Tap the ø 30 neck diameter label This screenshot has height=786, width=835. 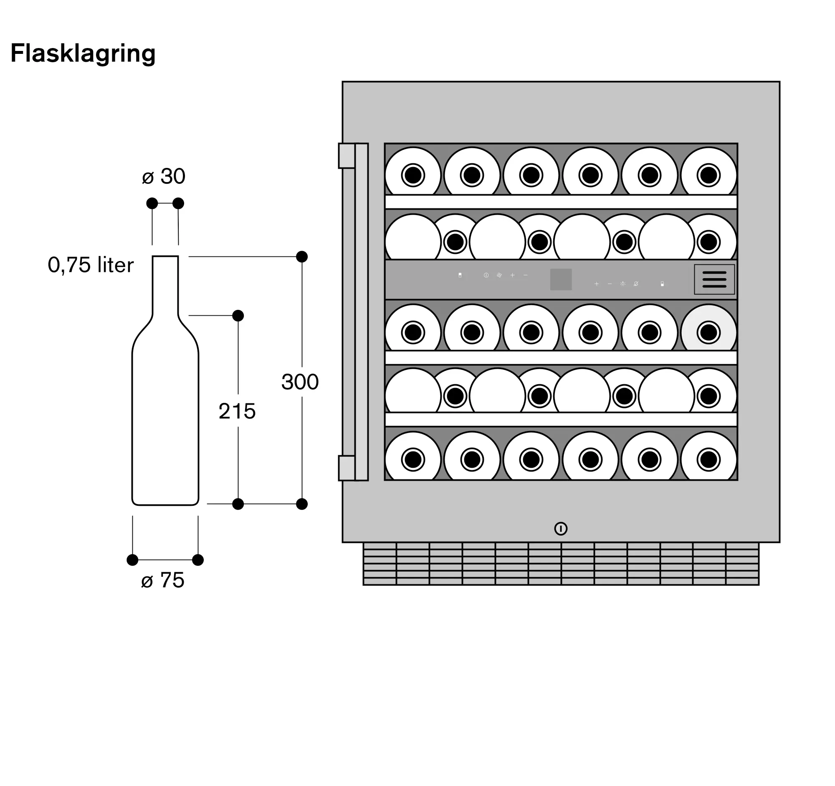164,176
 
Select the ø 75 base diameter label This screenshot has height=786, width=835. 163,580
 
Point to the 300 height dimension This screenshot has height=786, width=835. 300,382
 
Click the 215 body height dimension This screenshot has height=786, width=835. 237,411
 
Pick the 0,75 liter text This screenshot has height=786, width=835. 91,265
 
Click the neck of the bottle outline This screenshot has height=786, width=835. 165,286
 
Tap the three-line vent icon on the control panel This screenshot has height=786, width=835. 714,279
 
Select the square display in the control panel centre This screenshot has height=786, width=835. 561,279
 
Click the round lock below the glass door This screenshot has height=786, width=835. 561,528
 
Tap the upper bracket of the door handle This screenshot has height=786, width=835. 347,156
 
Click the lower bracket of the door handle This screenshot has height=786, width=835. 347,468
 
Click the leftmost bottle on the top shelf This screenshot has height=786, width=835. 413,171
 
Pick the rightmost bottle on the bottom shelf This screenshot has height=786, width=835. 708,456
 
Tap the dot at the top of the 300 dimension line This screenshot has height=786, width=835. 301,257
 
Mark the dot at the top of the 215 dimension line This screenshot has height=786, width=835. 238,315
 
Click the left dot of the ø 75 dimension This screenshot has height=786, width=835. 132,560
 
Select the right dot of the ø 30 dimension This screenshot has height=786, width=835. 178,203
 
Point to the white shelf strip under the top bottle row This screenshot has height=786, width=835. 561,202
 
